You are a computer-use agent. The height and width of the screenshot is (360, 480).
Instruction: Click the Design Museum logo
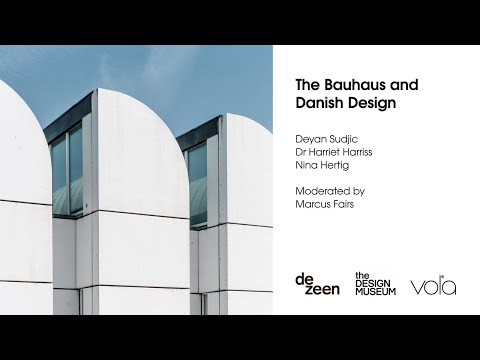pos(375,284)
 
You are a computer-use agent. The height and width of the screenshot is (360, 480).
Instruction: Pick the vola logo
pos(433,286)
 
